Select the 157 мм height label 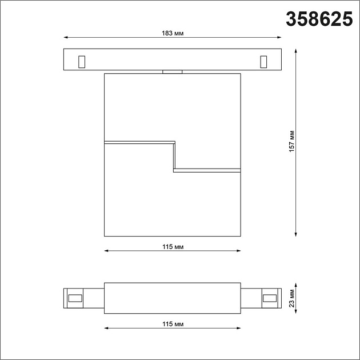[x=291, y=140]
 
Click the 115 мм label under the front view [x=172, y=246]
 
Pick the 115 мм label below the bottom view [x=172, y=324]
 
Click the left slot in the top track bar [x=81, y=61]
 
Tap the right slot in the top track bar [x=263, y=61]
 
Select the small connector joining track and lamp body [x=172, y=71]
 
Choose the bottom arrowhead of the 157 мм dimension [x=296, y=233]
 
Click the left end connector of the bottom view [x=74, y=297]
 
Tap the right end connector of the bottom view [x=269, y=297]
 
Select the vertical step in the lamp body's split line [x=174, y=155]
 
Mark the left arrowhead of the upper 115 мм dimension [x=107, y=250]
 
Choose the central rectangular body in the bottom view [x=172, y=297]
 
